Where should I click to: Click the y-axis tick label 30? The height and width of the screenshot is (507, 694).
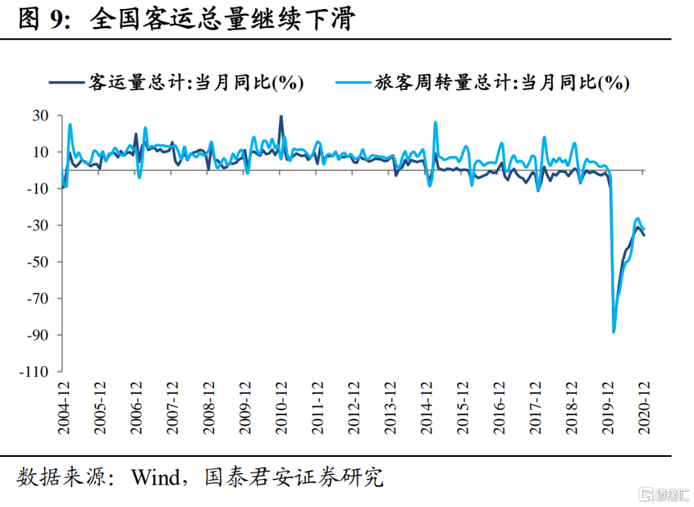[x=40, y=116]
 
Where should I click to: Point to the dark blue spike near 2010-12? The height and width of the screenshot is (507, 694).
[x=281, y=118]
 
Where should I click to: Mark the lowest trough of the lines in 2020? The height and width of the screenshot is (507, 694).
[x=614, y=331]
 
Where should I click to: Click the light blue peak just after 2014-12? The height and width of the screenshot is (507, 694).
[x=436, y=123]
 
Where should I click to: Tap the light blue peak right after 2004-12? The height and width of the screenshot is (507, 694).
[x=69, y=125]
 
